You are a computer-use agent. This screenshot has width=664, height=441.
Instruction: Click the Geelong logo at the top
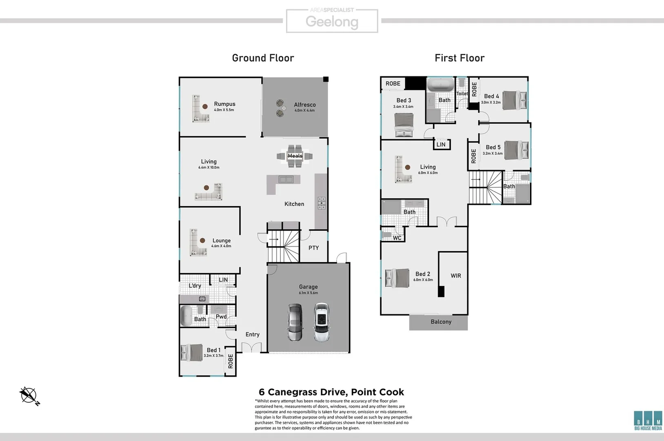pos(332,21)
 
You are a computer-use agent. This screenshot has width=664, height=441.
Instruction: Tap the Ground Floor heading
pos(263,58)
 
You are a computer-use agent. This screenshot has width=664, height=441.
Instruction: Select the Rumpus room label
pos(224,104)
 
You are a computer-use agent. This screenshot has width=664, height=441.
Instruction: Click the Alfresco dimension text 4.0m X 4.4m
pos(304,110)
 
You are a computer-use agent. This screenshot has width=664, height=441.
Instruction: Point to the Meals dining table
pos(295,156)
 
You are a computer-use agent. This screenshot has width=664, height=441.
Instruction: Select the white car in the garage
pos(322,322)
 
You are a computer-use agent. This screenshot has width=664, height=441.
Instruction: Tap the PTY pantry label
pos(313,248)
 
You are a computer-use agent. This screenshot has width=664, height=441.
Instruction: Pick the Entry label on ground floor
pos(252,334)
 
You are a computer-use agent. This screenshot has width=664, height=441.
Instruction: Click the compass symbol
pos(29,396)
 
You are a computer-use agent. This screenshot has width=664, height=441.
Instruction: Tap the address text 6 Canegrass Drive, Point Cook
pos(331,392)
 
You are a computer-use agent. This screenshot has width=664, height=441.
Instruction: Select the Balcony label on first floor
pos(441,322)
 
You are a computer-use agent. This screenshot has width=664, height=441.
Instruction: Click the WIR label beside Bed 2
pos(456,276)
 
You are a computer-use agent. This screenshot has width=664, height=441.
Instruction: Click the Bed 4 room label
pos(491,96)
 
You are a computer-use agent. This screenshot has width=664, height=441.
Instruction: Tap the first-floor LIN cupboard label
pos(441,145)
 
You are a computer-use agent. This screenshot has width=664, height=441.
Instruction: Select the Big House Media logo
pos(648,420)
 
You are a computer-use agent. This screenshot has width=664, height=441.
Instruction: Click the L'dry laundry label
pos(195,285)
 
